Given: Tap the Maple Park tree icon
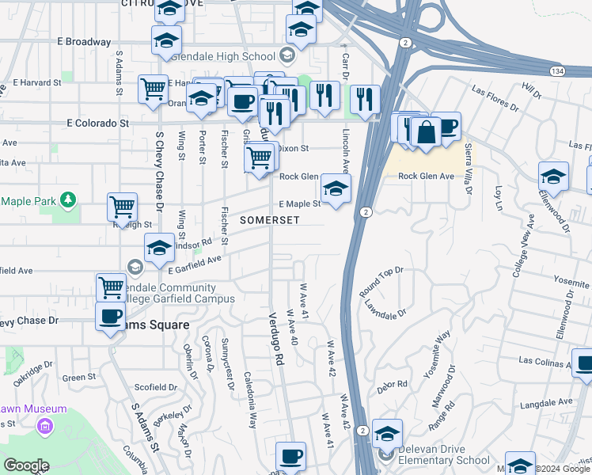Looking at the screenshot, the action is point(68,199).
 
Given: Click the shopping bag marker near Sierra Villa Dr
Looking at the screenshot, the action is point(426,132).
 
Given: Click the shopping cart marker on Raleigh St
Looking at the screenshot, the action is point(122,207).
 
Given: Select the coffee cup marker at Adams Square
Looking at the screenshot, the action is point(110,316).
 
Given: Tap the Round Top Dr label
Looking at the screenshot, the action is point(381,282).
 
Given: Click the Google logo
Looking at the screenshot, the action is point(26,466).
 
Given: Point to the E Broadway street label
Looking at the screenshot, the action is point(84,41).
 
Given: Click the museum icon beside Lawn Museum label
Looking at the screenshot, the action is point(45,427).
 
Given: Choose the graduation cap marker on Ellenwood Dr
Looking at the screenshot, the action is point(553,177).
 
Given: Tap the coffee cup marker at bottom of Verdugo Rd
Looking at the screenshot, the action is point(290,456).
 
